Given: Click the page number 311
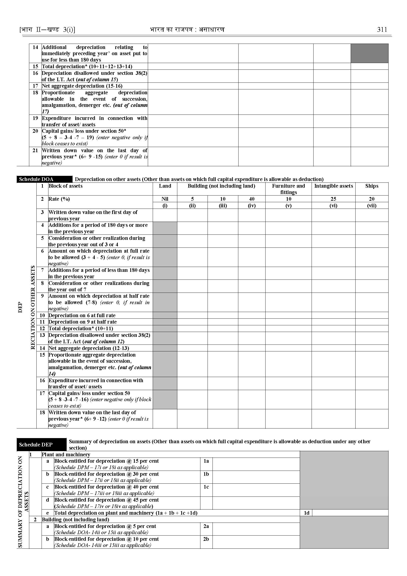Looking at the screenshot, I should click(x=382, y=30).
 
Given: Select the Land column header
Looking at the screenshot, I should click(x=165, y=186).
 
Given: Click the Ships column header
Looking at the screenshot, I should click(x=372, y=186).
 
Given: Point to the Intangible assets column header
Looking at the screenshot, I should click(x=333, y=186).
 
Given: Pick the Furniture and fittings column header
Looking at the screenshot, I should click(x=288, y=189).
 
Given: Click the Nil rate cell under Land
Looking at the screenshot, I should click(x=165, y=199).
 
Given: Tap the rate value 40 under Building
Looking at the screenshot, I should click(x=252, y=199).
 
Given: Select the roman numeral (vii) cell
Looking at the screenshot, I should click(x=372, y=206).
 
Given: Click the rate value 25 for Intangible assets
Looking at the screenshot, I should click(x=333, y=199).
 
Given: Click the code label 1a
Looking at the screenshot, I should click(x=206, y=461).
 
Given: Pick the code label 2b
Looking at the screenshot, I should click(x=206, y=539).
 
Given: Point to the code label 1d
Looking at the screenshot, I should click(x=306, y=513).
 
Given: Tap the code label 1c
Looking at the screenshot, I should click(x=206, y=487).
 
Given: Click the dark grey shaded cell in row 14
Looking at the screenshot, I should click(x=369, y=53).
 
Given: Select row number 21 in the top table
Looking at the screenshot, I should click(x=35, y=150).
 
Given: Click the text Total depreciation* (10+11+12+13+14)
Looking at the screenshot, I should click(x=87, y=66).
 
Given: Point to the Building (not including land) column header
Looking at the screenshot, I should click(x=221, y=186).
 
